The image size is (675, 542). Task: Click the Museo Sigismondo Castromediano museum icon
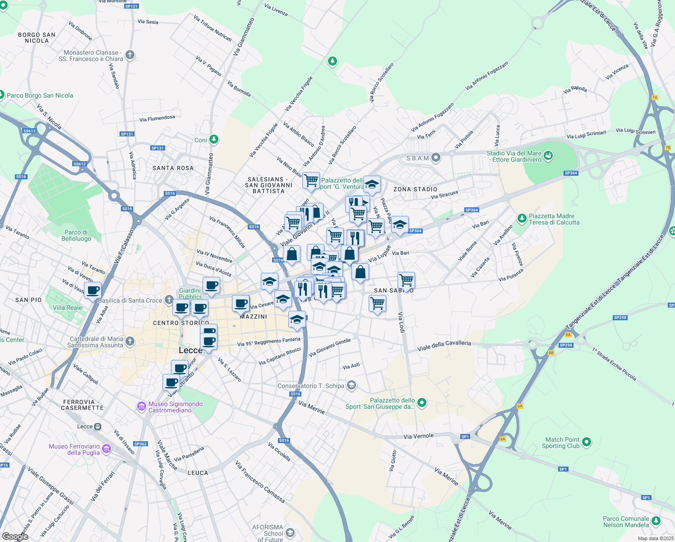pyautogui.click(x=142, y=407)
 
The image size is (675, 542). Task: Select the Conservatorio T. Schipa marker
pyautogui.click(x=352, y=386)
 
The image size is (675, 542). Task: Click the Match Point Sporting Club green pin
pyautogui.click(x=587, y=442)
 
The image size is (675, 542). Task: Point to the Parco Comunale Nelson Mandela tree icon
pyautogui.click(x=656, y=522)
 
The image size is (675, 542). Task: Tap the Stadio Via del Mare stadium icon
pyautogui.click(x=548, y=156)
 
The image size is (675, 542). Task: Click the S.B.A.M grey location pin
pyautogui.click(x=435, y=158)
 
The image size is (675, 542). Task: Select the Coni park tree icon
pyautogui.click(x=214, y=140)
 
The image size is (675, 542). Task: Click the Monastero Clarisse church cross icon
pyautogui.click(x=130, y=56)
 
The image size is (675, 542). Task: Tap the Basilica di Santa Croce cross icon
pyautogui.click(x=169, y=300)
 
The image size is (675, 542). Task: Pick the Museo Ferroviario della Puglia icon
pyautogui.click(x=106, y=449)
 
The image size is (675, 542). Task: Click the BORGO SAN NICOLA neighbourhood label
pyautogui.click(x=37, y=37)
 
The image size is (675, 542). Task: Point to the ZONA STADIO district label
pyautogui.click(x=415, y=189)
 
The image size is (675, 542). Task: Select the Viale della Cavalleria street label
pyautogui.click(x=444, y=346)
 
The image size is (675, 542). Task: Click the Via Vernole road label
pyautogui.click(x=418, y=436)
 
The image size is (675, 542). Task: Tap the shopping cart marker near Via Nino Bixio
pyautogui.click(x=311, y=181)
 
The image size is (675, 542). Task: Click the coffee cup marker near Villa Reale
pyautogui.click(x=92, y=290)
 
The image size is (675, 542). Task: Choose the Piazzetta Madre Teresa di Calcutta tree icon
pyautogui.click(x=522, y=219)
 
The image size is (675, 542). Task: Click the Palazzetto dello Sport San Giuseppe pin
pyautogui.click(x=422, y=403)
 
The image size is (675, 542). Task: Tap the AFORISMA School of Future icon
pyautogui.click(x=290, y=533)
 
